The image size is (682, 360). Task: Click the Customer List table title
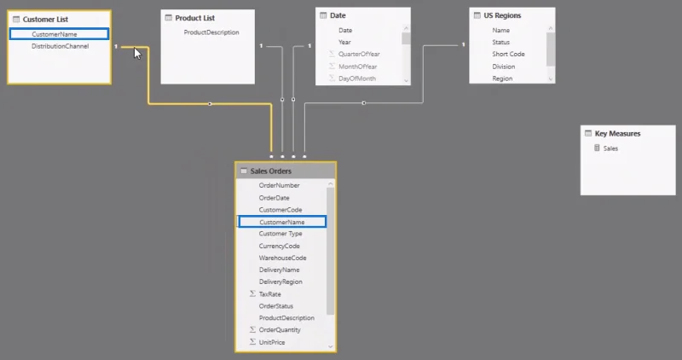tap(45, 19)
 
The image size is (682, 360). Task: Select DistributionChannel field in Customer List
tap(60, 46)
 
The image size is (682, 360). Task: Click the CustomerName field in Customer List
tap(55, 34)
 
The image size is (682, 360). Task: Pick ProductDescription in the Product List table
tap(211, 32)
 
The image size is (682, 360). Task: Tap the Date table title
tap(338, 15)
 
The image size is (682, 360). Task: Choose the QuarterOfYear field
tap(359, 54)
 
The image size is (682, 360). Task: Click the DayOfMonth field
tap(357, 78)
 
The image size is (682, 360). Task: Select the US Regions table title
tap(502, 15)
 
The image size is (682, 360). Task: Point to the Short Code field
tap(508, 54)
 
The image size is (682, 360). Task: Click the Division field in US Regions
tap(504, 67)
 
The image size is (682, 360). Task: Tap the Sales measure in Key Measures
tap(610, 148)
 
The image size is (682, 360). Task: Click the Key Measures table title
tap(617, 134)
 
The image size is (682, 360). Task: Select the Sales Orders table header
tap(286, 171)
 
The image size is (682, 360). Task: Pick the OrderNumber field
tap(280, 185)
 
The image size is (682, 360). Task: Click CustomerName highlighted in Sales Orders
tap(282, 222)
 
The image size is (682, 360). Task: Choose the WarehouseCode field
tap(283, 258)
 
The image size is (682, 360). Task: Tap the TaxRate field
tap(269, 294)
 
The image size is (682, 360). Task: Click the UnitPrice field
tap(272, 342)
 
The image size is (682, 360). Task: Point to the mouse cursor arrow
tap(137, 54)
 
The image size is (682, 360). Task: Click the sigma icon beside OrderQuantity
tap(252, 329)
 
